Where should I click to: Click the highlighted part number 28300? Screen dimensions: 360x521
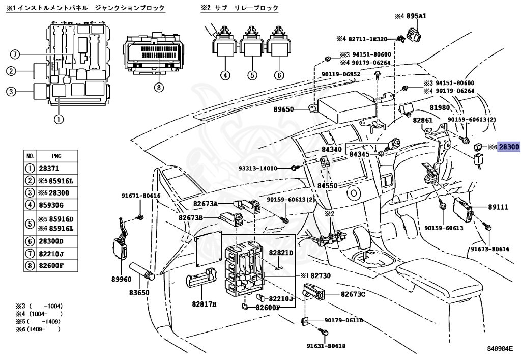click(508, 147)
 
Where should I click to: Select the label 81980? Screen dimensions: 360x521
click(439, 108)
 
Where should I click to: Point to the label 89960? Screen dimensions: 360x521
click(121, 279)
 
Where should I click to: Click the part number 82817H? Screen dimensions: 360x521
click(204, 304)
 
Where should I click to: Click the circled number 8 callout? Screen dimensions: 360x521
click(158, 88)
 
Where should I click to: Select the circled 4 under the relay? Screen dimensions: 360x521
click(225, 75)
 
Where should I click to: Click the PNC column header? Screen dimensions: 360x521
click(56, 156)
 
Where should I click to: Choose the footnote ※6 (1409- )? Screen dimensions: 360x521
click(38, 329)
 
